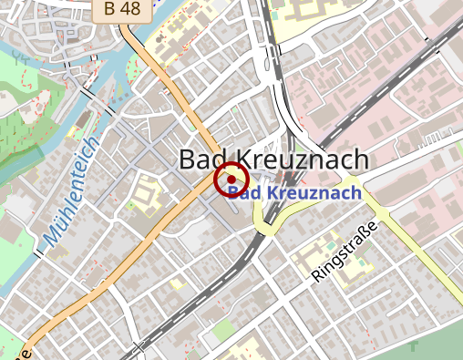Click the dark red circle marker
231,178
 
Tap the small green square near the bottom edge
219,339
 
